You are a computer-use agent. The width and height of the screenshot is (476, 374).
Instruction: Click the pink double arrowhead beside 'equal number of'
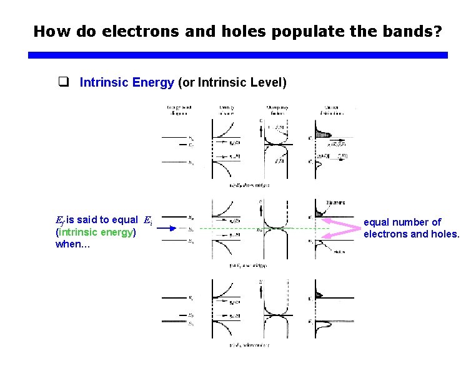[x=342, y=228]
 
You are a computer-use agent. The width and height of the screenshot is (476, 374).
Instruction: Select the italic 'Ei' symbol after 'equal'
[x=147, y=220]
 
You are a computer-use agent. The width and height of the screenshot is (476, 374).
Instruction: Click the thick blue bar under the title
[x=238, y=55]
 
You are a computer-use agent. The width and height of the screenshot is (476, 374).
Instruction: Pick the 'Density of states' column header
[x=227, y=110]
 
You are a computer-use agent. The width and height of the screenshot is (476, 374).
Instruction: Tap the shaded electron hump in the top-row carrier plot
[x=322, y=134]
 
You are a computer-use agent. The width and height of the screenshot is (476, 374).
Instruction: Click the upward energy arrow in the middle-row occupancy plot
[x=260, y=206]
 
